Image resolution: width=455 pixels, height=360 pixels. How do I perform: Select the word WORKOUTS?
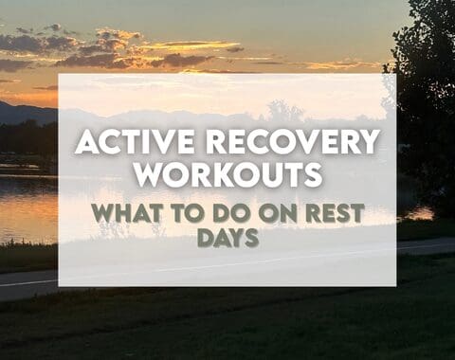[x=227, y=175]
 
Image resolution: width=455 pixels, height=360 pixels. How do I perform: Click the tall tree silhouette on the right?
[x=427, y=104]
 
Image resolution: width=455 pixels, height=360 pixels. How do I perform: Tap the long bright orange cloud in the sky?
[x=190, y=45]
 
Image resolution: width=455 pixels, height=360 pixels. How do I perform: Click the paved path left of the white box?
[x=28, y=282]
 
